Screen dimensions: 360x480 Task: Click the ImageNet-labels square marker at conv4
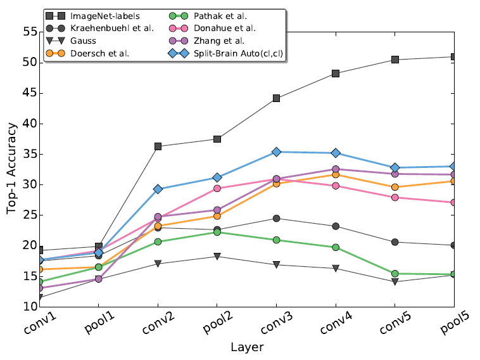pos(336,74)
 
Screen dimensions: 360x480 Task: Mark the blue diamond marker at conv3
pos(276,152)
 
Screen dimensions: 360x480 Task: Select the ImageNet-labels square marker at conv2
pos(158,146)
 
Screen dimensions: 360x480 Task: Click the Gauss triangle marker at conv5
pos(395,281)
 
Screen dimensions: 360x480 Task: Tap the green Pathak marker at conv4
pos(336,247)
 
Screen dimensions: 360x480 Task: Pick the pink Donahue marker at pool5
pos(454,202)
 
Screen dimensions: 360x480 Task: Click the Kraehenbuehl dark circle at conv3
pos(276,219)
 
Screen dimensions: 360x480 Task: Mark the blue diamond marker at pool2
pos(217,177)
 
